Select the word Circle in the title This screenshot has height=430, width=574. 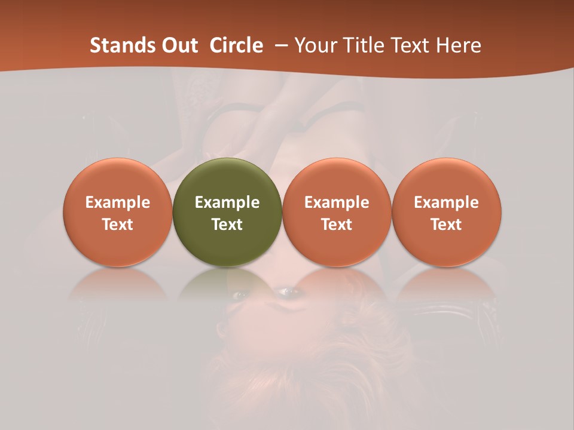point(236,45)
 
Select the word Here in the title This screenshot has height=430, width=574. point(459,45)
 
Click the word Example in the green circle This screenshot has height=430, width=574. point(227,202)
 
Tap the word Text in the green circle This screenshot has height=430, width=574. point(227,225)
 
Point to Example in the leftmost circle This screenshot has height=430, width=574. point(118,202)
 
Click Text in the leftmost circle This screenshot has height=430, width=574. point(118,225)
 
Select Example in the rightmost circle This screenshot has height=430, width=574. point(447,202)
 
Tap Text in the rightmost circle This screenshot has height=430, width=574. point(447,225)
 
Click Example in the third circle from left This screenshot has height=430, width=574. point(337,202)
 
